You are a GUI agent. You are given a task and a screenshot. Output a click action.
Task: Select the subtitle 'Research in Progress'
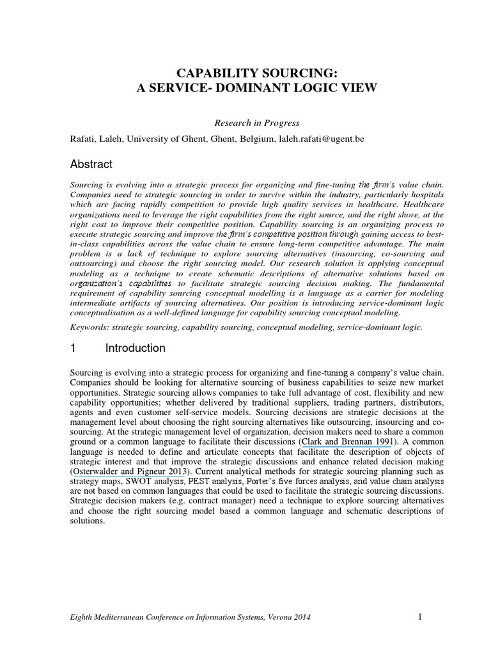(x=248, y=123)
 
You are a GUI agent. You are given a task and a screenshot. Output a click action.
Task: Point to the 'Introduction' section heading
(x=135, y=349)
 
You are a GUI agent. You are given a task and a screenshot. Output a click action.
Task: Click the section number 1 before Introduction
(x=74, y=349)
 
